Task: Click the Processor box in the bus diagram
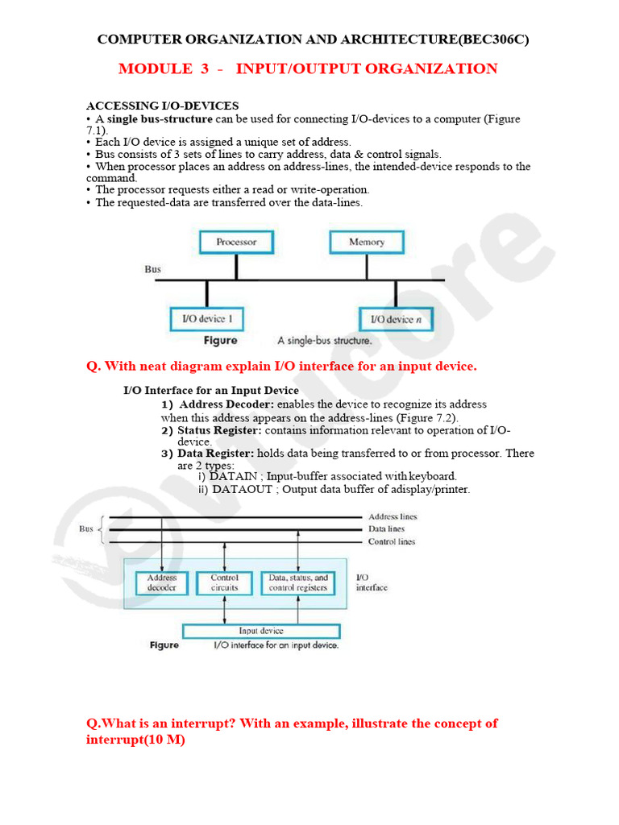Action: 236,242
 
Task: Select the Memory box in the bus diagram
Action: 367,242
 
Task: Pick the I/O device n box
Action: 397,319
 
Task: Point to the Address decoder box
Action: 162,582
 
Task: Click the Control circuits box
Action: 225,582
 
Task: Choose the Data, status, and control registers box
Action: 298,582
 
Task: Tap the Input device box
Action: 261,631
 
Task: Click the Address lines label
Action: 393,516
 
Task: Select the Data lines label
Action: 387,529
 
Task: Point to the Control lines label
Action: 392,542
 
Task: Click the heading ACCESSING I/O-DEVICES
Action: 162,106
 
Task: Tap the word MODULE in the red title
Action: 152,68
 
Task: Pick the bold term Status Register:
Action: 219,431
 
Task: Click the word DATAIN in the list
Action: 234,476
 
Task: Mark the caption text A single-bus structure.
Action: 324,341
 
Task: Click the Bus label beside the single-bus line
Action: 153,269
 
